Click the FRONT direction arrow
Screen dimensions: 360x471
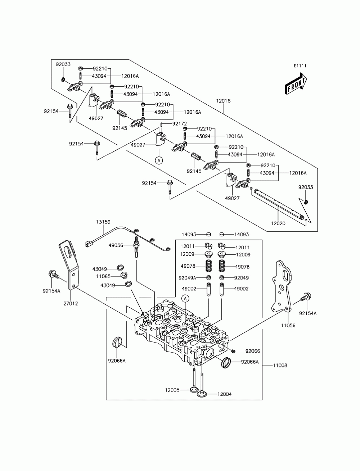pos(296,84)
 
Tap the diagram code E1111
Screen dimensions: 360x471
pos(300,66)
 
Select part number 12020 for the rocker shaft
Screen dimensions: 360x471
pos(278,223)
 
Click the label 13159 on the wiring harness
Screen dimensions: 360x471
pos(103,222)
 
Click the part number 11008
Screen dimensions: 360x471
pos(280,365)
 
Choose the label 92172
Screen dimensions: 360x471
pos(180,124)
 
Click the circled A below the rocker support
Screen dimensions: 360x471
pos(159,160)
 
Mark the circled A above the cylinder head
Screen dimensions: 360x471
pos(185,298)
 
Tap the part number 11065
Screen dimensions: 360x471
pos(103,276)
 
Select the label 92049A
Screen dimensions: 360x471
pos(187,278)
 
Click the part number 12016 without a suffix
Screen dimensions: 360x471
pos(223,101)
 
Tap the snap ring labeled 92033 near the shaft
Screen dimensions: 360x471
pos(307,202)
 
